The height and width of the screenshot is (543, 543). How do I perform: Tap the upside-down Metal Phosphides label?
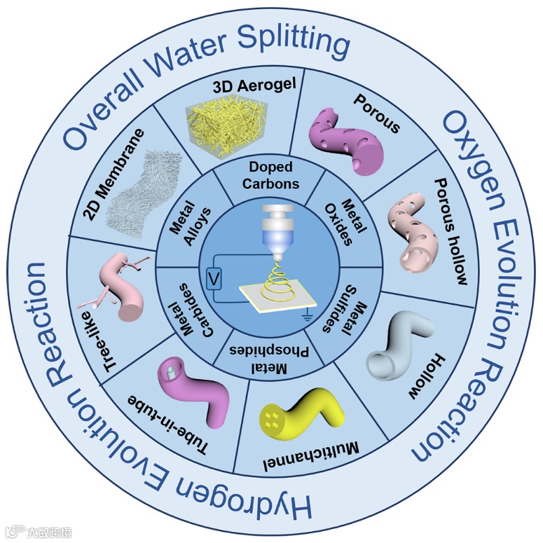(x=272, y=355)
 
